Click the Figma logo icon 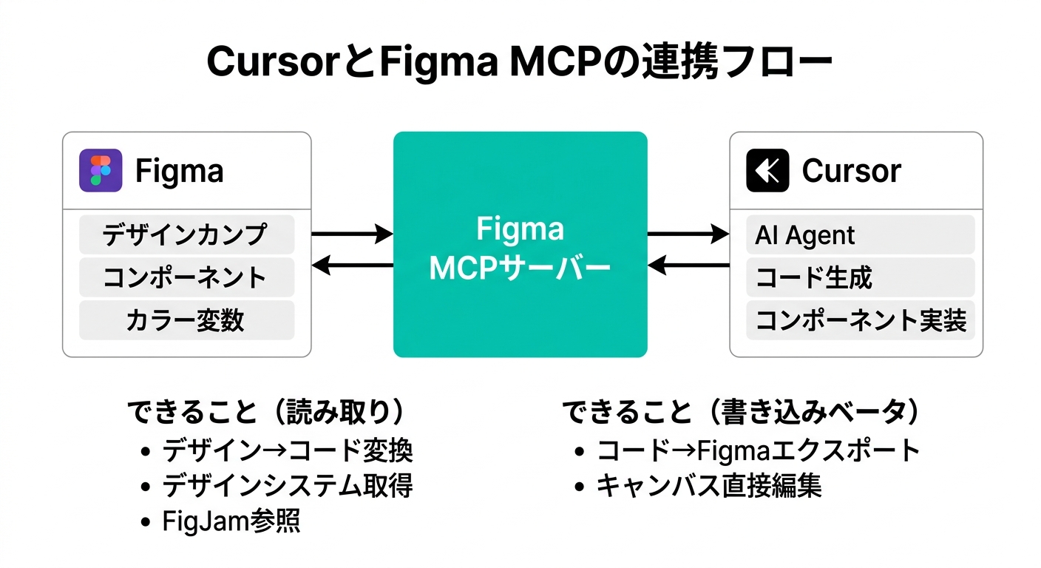(x=101, y=171)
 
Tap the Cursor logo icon (x=767, y=171)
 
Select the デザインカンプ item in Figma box (x=186, y=234)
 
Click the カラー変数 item (x=186, y=320)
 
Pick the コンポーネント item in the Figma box (x=186, y=277)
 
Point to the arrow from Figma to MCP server (x=352, y=234)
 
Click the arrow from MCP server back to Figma (x=352, y=264)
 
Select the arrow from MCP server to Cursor (x=688, y=234)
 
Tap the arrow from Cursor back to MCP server (x=688, y=264)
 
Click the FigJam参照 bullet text (x=231, y=521)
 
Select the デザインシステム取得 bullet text (x=288, y=486)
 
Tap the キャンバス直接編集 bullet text (x=709, y=486)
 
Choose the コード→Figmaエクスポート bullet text (x=758, y=450)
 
